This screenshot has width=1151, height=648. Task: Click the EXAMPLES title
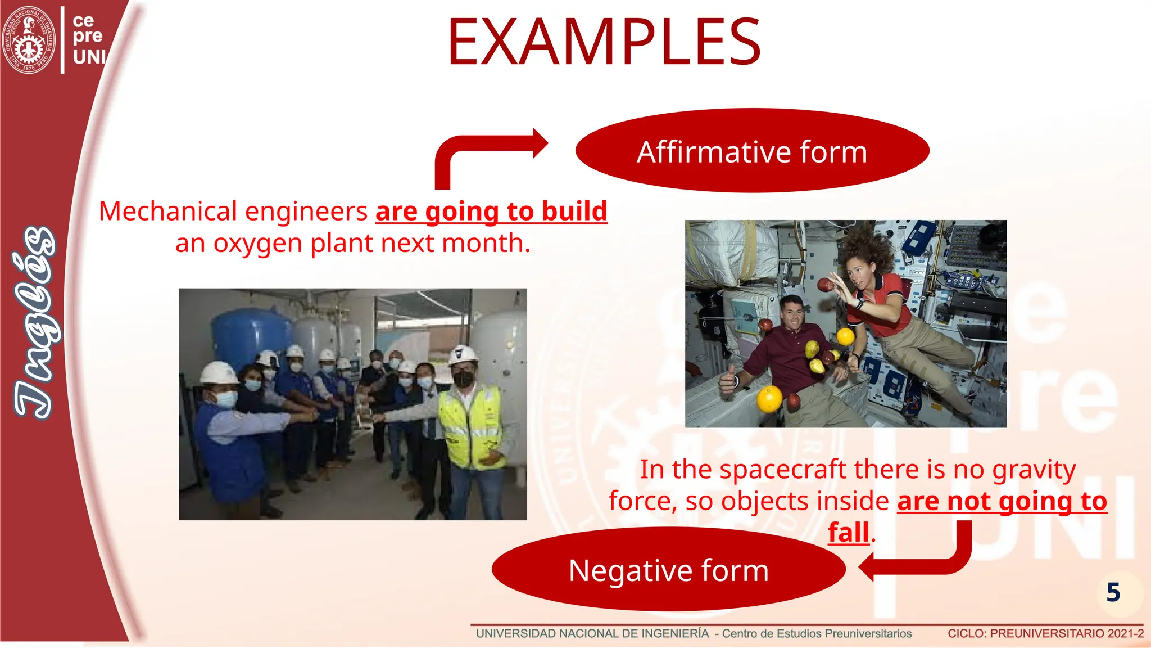[604, 42]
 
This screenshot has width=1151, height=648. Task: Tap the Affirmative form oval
[752, 151]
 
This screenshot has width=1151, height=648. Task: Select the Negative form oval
[668, 570]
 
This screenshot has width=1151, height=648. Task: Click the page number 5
[1113, 593]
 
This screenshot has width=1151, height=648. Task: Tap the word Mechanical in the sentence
[168, 211]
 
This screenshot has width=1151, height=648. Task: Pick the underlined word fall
[848, 532]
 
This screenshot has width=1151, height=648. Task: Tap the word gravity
[1034, 469]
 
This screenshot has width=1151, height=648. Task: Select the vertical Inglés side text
[35, 323]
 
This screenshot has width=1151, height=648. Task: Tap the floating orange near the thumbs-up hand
[769, 399]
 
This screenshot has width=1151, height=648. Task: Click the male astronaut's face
[792, 316]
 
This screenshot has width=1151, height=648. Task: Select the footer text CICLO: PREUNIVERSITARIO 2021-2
[1045, 633]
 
